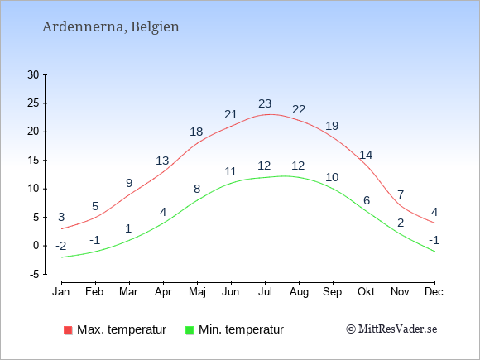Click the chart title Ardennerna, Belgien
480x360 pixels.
point(111,27)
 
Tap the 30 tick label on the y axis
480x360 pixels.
point(33,74)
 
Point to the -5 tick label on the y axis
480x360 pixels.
point(35,274)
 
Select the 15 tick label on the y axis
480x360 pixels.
point(33,160)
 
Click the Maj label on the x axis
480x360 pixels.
point(197,292)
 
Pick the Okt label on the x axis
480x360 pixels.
point(366,292)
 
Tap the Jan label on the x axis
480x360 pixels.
point(61,292)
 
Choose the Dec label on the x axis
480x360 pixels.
point(434,292)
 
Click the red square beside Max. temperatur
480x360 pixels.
point(68,330)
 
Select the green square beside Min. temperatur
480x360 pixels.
point(190,330)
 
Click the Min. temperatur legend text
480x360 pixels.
point(241,329)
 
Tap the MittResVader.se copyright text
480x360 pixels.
point(391,329)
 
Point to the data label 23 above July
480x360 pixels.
point(265,103)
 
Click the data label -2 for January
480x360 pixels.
point(61,246)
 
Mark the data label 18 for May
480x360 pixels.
point(196,132)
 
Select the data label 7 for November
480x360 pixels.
point(401,194)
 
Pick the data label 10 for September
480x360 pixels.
point(332,177)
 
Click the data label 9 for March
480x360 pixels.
point(129,183)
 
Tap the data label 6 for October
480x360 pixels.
point(367,200)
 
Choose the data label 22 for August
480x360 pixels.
point(299,109)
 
